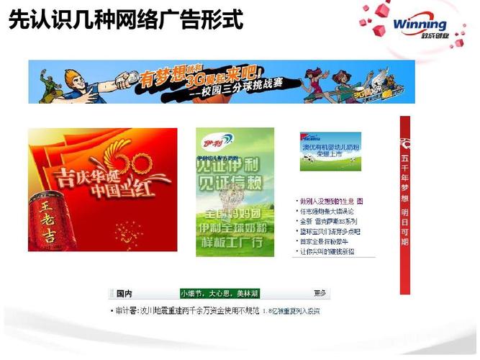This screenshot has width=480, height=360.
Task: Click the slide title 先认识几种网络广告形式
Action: click(x=125, y=19)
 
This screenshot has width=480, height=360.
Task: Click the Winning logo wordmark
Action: click(x=420, y=25)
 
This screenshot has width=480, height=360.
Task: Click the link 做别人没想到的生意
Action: click(x=330, y=201)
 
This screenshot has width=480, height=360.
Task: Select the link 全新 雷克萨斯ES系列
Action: click(x=330, y=222)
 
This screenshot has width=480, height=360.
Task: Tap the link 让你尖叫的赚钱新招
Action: click(x=330, y=253)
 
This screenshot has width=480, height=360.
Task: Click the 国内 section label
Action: click(x=124, y=294)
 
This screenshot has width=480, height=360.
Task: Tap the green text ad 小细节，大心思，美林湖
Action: click(x=219, y=294)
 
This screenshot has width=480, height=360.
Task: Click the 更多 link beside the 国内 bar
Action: click(x=320, y=294)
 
